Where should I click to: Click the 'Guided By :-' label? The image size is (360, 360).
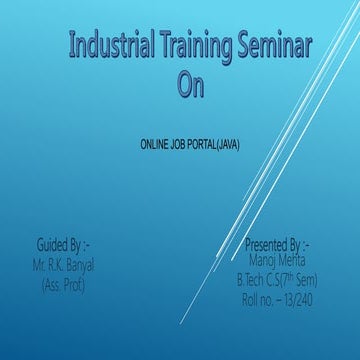[63, 242]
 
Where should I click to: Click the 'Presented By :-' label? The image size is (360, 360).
[277, 243]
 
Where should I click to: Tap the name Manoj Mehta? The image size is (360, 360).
[276, 256]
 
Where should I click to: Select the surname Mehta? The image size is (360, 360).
[293, 256]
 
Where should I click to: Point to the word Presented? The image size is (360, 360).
[266, 243]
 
